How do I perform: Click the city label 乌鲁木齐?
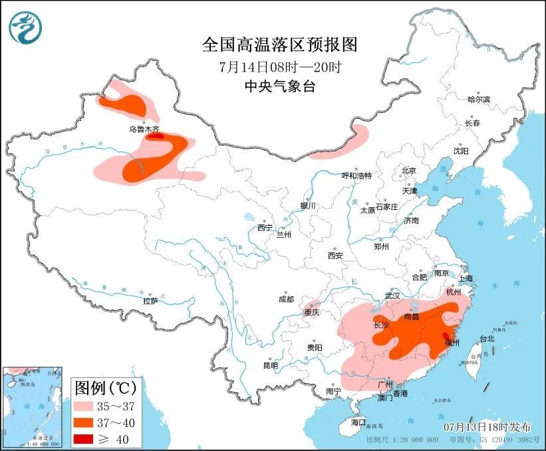coord(144,130)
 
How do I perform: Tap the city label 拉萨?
coord(150,301)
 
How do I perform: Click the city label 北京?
coord(408,171)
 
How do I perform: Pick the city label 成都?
coord(286,299)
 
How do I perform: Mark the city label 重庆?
coord(312,312)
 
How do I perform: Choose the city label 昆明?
coord(270,365)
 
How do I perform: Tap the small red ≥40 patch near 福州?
coord(444,335)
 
